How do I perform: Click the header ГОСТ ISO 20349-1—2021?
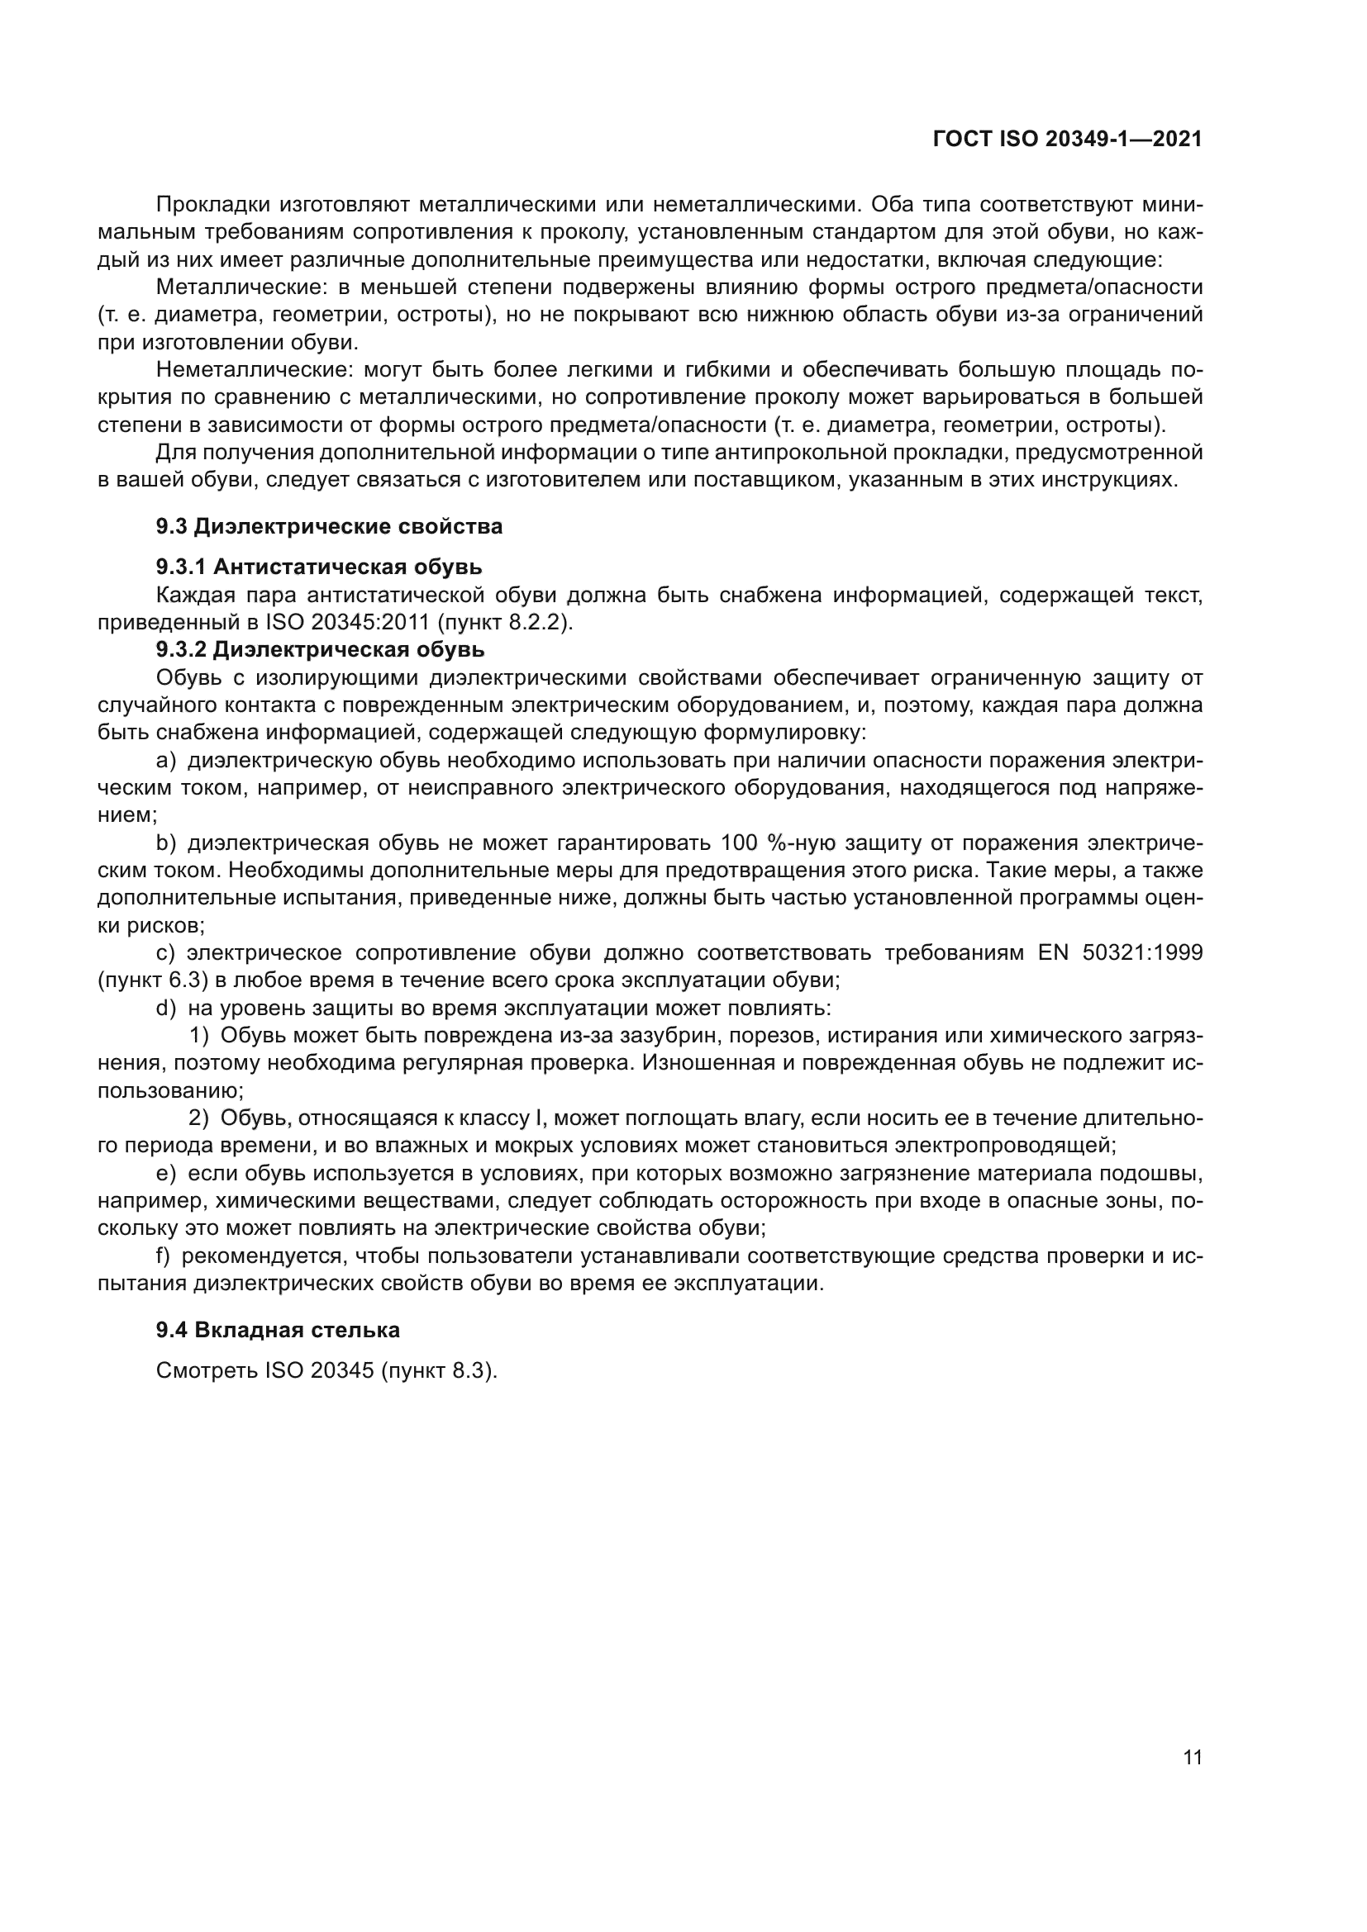pyautogui.click(x=1067, y=139)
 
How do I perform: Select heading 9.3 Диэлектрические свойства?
pyautogui.click(x=329, y=527)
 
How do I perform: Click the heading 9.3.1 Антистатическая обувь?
pyautogui.click(x=319, y=567)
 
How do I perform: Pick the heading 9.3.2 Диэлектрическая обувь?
pyautogui.click(x=320, y=649)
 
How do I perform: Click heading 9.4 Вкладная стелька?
pyautogui.click(x=278, y=1331)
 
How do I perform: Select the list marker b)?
pyautogui.click(x=166, y=844)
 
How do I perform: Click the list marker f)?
pyautogui.click(x=164, y=1257)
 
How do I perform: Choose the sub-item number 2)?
pyautogui.click(x=198, y=1119)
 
